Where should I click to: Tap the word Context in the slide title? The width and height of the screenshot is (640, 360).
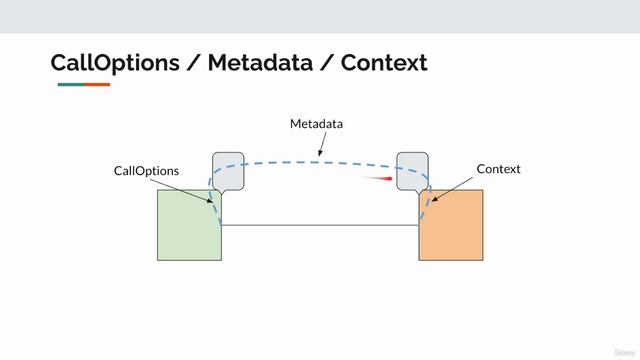[384, 63]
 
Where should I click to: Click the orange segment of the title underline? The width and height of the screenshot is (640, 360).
[97, 85]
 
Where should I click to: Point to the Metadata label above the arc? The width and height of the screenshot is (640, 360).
[316, 124]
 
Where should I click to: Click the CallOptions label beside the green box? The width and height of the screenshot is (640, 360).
[146, 171]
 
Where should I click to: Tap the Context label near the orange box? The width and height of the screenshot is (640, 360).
[498, 169]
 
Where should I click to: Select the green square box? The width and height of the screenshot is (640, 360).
[189, 225]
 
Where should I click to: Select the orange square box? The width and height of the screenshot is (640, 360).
[451, 225]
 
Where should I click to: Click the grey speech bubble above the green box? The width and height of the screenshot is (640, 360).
[228, 170]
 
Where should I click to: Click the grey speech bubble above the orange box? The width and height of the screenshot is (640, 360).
[412, 170]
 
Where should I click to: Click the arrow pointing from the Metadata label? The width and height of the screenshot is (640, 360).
[321, 146]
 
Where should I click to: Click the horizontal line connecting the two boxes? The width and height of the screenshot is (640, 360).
[320, 226]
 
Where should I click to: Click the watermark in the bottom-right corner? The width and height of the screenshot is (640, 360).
[623, 352]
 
